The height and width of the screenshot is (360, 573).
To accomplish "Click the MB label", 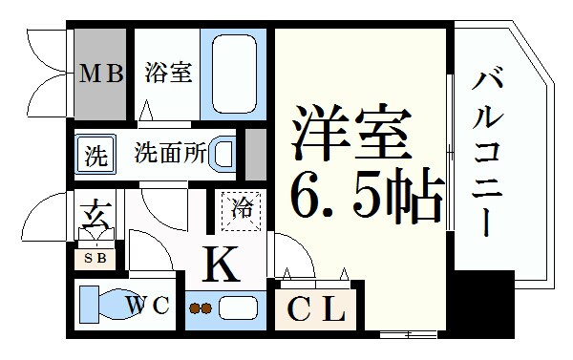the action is [x=101, y=74].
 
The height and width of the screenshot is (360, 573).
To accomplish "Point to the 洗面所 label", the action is [x=170, y=153].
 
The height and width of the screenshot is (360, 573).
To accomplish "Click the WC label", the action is [x=148, y=306].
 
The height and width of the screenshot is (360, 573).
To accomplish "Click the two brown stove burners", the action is [x=202, y=308].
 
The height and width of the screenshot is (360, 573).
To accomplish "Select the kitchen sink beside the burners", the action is [x=236, y=308].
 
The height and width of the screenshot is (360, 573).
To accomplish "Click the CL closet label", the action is [x=315, y=309].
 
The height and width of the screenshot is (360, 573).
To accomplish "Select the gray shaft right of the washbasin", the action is [x=255, y=152].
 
